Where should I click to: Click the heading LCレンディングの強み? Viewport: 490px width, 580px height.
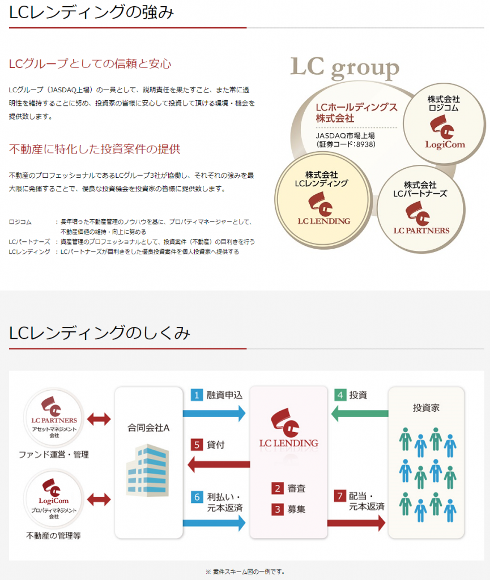[x=91, y=12]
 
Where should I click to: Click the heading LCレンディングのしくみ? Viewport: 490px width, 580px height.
[x=99, y=332]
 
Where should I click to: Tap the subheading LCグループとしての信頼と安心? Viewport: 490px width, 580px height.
[x=90, y=64]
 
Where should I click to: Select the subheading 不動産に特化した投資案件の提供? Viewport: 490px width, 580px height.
[x=95, y=150]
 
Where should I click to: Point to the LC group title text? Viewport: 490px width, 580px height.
[x=344, y=68]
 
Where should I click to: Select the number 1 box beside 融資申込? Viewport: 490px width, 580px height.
[x=196, y=395]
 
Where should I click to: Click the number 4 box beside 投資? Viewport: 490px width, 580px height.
[x=340, y=395]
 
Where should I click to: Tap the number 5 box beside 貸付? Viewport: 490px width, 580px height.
[x=197, y=445]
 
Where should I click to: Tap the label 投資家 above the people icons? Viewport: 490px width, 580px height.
[x=427, y=407]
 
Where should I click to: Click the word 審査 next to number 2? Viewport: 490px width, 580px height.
[x=296, y=488]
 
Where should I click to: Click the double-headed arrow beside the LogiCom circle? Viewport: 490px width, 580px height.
[x=100, y=500]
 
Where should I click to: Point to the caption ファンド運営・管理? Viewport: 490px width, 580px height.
[x=54, y=454]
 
